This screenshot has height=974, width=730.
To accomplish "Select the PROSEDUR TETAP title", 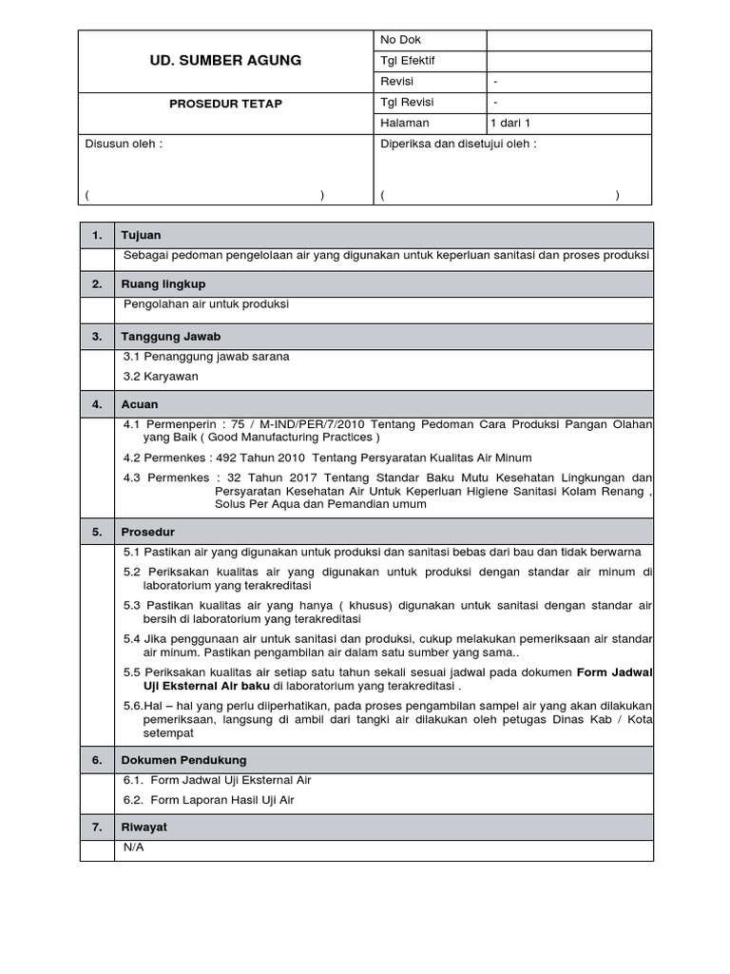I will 225,103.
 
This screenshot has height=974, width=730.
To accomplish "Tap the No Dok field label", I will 400,40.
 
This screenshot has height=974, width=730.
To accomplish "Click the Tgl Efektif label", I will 407,61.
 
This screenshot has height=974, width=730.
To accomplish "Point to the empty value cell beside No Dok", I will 568,40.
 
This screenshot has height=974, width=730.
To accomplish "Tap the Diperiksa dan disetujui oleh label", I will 458,145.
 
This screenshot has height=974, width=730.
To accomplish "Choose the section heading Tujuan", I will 141,235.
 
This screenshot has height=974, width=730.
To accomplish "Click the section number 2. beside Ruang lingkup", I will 96,284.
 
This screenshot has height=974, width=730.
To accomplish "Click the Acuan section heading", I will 139,404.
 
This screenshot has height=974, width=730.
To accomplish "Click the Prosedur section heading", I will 147,532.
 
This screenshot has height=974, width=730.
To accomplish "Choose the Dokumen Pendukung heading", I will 183,760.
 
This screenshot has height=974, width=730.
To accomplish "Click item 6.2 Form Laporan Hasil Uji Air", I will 209,800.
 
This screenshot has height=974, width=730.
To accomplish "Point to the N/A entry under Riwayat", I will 134,847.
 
